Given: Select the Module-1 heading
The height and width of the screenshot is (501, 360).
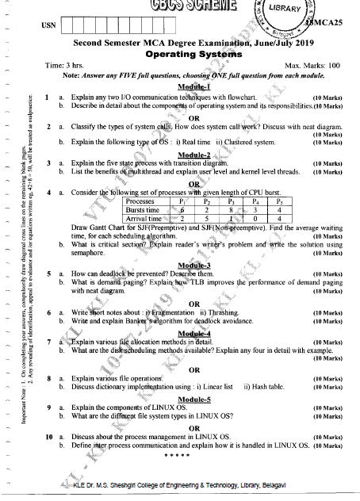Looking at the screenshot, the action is [194, 86].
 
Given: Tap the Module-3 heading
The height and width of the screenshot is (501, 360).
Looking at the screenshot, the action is [194, 265].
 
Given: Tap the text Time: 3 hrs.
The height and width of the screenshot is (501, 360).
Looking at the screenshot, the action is [65, 64].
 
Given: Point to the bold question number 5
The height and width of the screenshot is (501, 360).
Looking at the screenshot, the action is [50, 273].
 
